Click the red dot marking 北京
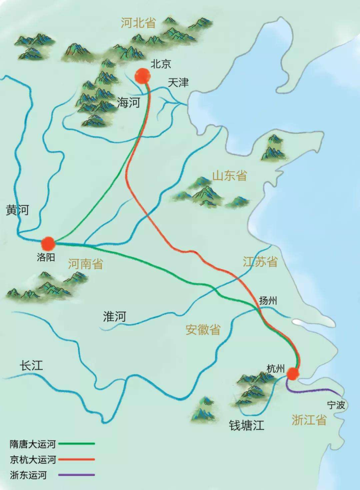(x=143, y=76)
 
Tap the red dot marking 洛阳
(x=48, y=243)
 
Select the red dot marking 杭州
(x=292, y=374)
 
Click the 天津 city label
(x=179, y=83)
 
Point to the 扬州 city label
(x=268, y=300)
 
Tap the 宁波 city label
(x=336, y=405)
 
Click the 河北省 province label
(x=139, y=23)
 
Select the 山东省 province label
(x=229, y=175)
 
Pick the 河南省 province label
(x=85, y=264)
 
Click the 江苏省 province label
(x=260, y=262)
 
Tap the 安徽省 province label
(x=203, y=329)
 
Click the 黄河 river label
(x=17, y=210)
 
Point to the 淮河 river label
(x=115, y=316)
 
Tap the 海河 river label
(x=128, y=103)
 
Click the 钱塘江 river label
(x=247, y=425)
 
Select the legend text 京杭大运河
(x=33, y=460)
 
